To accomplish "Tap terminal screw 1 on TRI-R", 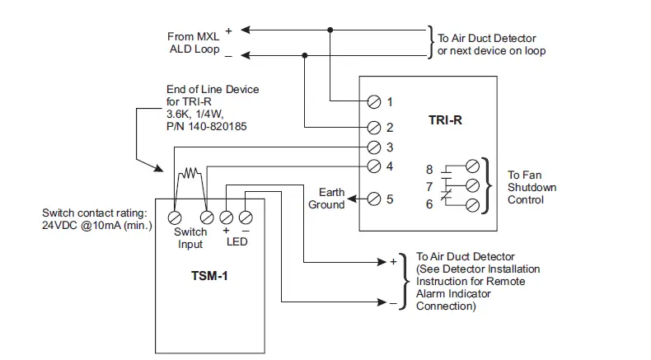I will [x=373, y=101].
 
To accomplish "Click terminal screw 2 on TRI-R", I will [x=373, y=128].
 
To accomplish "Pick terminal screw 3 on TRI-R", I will [x=373, y=147].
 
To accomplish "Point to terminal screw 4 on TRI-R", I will [x=373, y=166].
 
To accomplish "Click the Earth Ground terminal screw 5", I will [x=373, y=199].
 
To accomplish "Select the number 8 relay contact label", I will [x=429, y=168].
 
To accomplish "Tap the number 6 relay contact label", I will [x=429, y=203].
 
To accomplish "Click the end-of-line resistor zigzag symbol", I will [x=190, y=174].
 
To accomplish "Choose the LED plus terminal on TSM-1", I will [x=227, y=217].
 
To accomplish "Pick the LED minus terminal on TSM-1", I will [x=246, y=217].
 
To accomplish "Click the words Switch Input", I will [x=190, y=237].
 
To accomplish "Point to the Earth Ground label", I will [x=326, y=199].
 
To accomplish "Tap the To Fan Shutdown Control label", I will [x=532, y=187].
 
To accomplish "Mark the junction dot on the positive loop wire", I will [x=330, y=30].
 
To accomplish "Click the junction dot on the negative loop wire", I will [x=305, y=55].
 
